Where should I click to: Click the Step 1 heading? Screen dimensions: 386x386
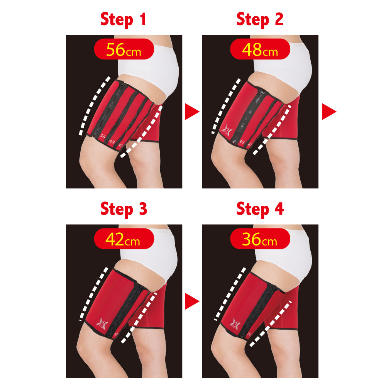(x=124, y=19)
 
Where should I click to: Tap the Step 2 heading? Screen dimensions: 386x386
(x=260, y=19)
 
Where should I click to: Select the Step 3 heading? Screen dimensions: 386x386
(x=124, y=209)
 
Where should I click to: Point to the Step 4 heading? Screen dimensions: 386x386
(x=260, y=209)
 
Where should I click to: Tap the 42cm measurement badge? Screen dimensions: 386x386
(x=124, y=240)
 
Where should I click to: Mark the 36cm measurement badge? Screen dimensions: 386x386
(x=260, y=240)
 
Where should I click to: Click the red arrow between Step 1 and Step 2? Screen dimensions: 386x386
(x=192, y=112)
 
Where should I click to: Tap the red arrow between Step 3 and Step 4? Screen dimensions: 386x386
(x=192, y=301)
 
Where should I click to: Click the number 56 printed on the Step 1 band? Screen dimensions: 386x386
(x=102, y=136)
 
